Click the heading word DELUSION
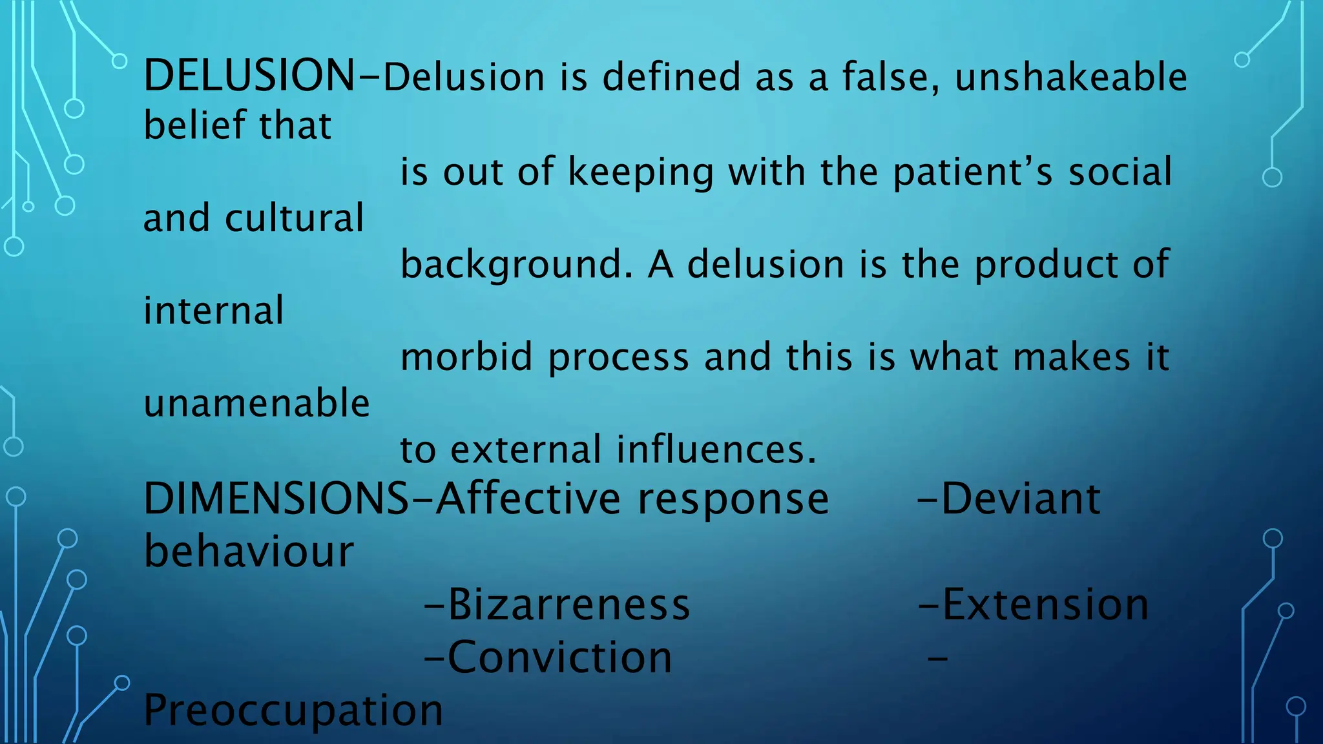click(x=249, y=76)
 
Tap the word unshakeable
click(x=1070, y=77)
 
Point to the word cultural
click(x=295, y=218)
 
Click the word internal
click(x=213, y=310)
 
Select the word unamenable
click(x=256, y=403)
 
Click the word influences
click(x=716, y=449)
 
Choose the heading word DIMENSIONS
click(x=276, y=499)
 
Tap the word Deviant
click(x=1021, y=499)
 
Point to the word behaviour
click(x=249, y=552)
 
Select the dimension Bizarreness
click(x=568, y=604)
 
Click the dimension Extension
click(x=1045, y=604)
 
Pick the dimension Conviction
click(x=559, y=657)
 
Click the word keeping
click(x=640, y=172)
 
